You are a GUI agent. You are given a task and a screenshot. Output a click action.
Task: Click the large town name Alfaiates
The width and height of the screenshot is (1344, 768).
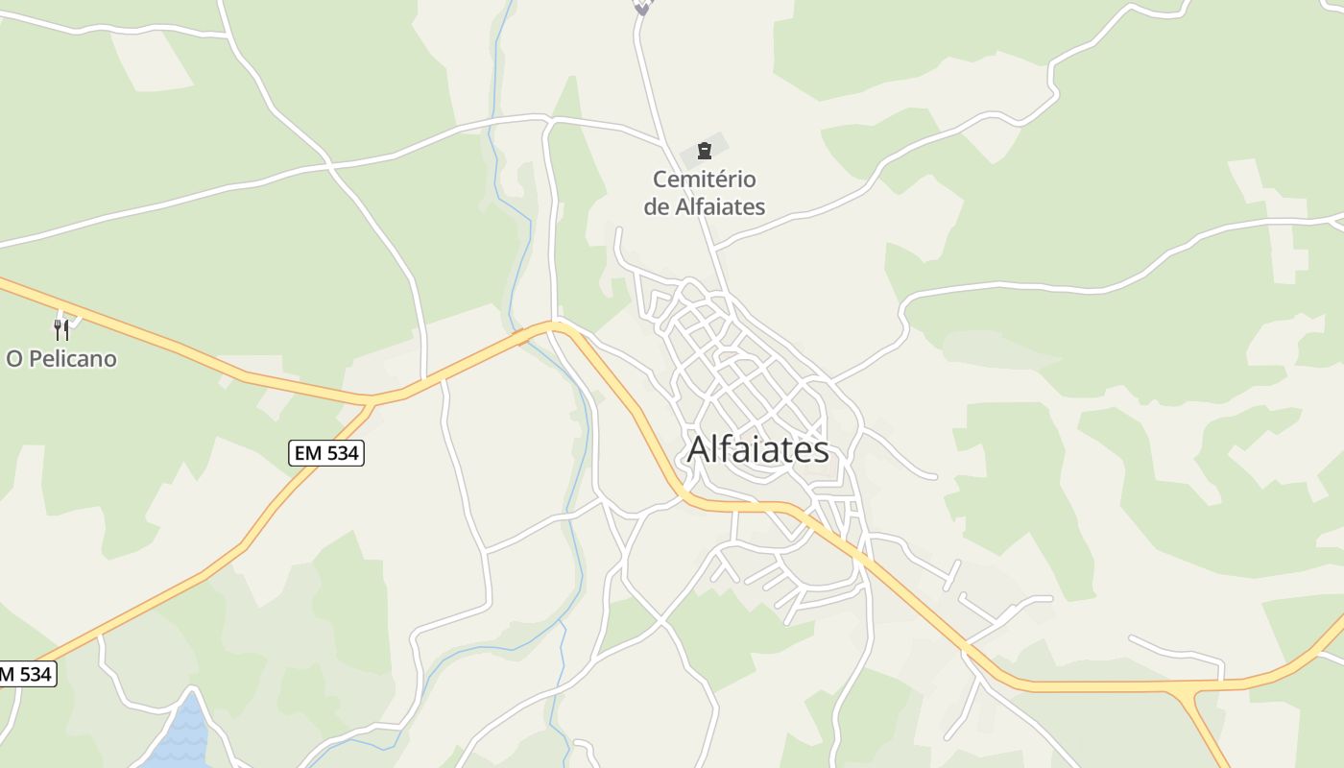[x=758, y=449]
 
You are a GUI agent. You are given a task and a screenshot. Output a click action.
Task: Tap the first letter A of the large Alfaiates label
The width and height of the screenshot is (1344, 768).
[x=701, y=449]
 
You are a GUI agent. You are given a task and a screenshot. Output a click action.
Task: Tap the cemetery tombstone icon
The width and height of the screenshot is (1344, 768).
[x=705, y=151]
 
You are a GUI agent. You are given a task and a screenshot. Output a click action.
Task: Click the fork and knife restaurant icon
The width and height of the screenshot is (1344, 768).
[x=61, y=330]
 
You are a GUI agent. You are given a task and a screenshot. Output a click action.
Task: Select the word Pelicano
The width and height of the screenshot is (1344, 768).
[x=73, y=359]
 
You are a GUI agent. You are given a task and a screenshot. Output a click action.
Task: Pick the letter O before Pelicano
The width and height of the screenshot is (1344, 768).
[x=14, y=359]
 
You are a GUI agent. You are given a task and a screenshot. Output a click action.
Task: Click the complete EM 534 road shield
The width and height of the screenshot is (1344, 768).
[x=326, y=453]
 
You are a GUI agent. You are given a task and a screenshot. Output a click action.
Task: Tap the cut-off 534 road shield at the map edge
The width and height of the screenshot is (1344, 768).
[x=25, y=674]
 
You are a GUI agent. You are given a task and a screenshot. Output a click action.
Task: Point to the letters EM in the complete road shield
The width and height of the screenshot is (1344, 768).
[x=308, y=453]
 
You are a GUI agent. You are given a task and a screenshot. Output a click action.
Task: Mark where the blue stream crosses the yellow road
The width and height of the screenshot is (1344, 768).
[x=521, y=336]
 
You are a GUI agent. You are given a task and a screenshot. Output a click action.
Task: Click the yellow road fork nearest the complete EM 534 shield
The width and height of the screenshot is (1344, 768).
[x=372, y=400]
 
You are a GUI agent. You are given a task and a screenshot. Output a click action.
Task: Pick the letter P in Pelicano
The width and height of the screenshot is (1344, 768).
[x=34, y=359]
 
